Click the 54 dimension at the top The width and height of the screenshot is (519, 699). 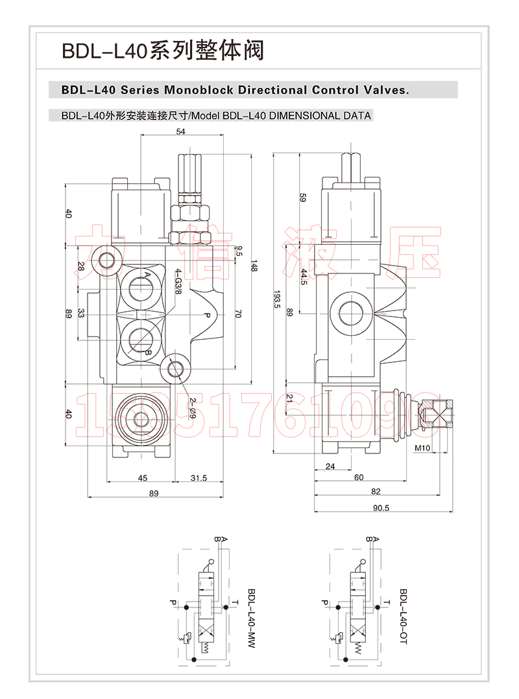tap(180, 132)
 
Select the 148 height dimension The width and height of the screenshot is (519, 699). tap(254, 266)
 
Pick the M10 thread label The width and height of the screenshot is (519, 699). tap(422, 448)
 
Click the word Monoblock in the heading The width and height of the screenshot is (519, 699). tap(198, 89)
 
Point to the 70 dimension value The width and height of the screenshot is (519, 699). tap(237, 314)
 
